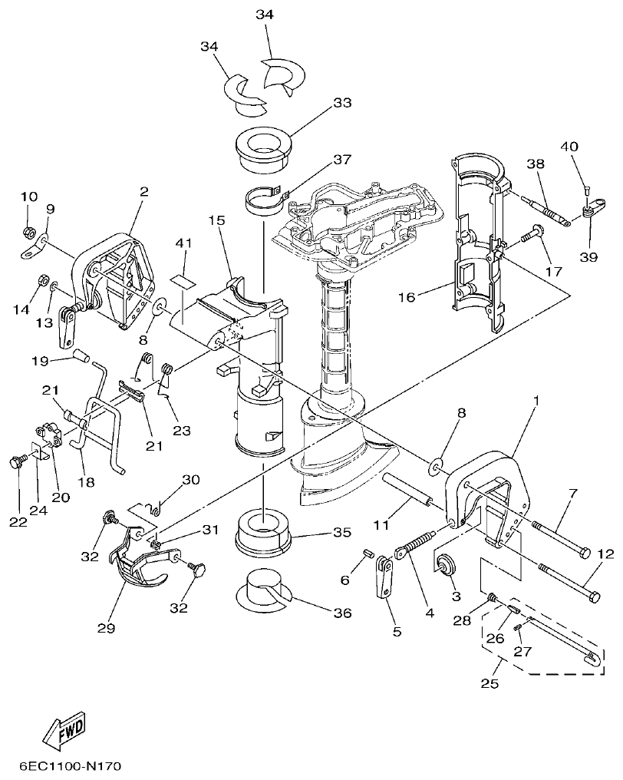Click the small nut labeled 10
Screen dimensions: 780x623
pos(28,230)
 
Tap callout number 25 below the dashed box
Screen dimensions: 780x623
pos(489,682)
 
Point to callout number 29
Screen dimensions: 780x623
pos(106,627)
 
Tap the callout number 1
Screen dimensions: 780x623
pos(536,401)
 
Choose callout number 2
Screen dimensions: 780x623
pos(143,190)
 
